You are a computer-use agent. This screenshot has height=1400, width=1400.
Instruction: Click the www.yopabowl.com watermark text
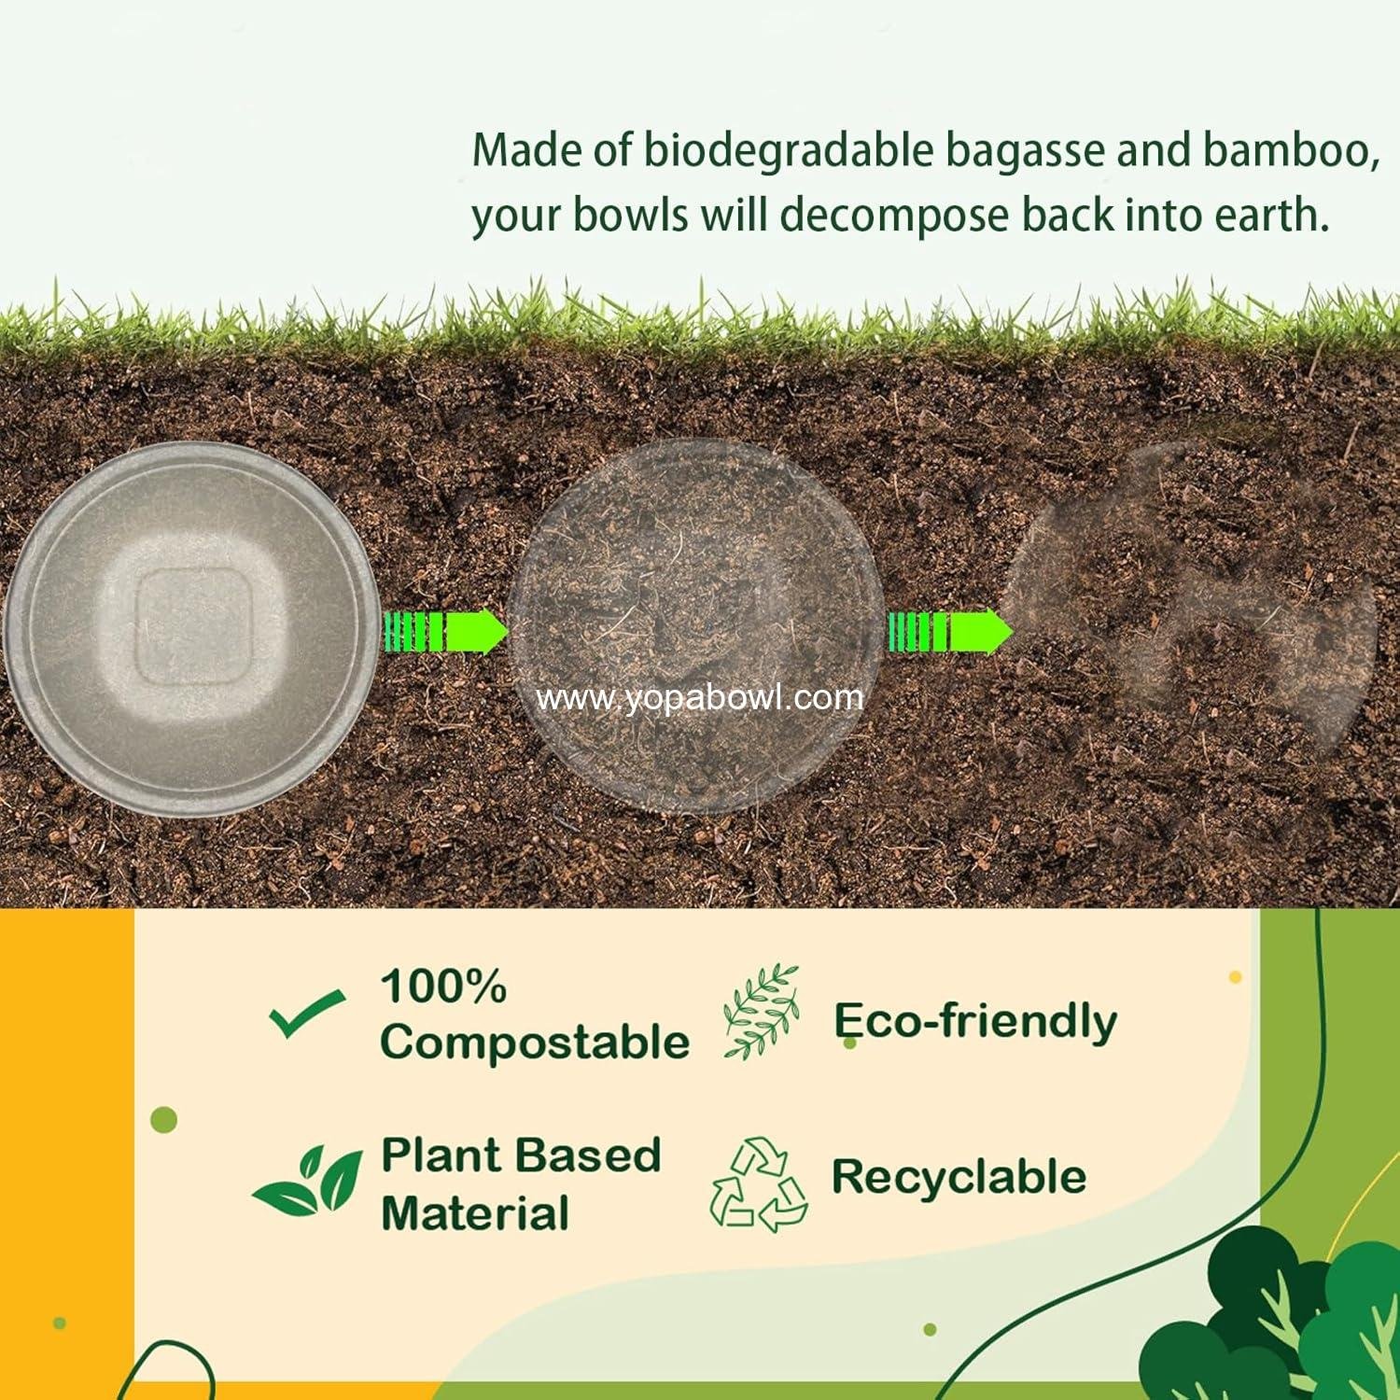700,698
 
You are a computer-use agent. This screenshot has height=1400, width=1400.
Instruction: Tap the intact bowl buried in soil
191,630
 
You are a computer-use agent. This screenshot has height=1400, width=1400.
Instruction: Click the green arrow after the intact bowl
445,632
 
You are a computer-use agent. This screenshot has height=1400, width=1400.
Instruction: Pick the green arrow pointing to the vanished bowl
949,632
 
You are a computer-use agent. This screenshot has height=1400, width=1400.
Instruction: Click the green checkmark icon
306,1015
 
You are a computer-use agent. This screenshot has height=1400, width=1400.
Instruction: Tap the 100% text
443,987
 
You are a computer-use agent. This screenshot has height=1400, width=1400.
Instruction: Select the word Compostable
534,1042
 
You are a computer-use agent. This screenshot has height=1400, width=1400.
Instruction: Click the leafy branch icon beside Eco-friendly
763,1012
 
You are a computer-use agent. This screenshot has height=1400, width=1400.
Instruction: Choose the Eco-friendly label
975,1020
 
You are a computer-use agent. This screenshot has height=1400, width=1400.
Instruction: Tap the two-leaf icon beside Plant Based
308,1181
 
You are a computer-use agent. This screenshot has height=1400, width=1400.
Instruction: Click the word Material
475,1213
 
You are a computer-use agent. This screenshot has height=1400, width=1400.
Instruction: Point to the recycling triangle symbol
759,1183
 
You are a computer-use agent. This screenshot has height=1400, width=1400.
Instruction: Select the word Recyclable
959,1176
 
